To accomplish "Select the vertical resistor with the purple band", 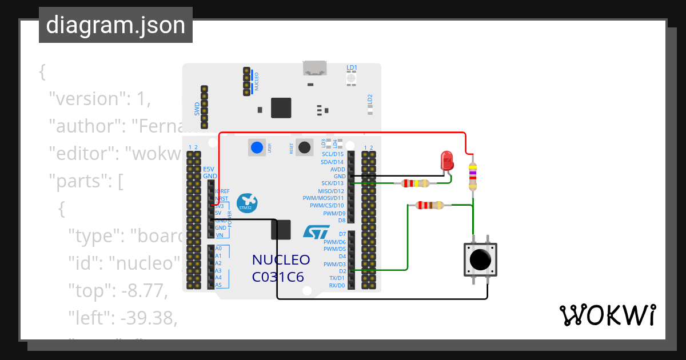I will [472, 177].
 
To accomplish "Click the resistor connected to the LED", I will [415, 183].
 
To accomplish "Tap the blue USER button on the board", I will [257, 147].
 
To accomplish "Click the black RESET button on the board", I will [305, 147].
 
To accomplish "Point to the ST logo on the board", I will [316, 231].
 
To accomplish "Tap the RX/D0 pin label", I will [333, 285].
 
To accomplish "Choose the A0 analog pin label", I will [218, 249].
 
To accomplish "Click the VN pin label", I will [218, 235].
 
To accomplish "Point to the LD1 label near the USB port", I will [352, 67].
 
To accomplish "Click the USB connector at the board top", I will [314, 68].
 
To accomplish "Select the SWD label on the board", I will [197, 108].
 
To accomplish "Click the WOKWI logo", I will [607, 315].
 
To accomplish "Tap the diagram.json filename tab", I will [115, 26].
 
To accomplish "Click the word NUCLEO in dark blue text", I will [281, 260].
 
